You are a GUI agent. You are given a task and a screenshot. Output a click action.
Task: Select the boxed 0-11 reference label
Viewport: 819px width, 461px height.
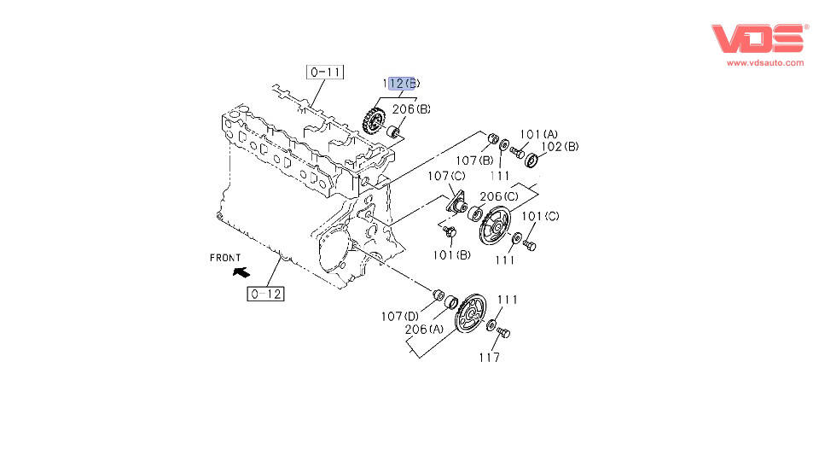(326, 73)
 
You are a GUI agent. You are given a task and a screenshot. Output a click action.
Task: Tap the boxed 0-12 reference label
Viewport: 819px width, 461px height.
(265, 295)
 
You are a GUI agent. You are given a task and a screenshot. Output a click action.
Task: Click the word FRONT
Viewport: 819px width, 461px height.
(225, 257)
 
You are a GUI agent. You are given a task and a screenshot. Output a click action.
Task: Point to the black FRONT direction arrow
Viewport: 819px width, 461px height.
(241, 272)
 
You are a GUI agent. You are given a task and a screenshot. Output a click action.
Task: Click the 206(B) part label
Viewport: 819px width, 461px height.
(412, 109)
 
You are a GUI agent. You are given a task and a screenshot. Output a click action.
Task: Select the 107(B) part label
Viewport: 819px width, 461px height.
(473, 159)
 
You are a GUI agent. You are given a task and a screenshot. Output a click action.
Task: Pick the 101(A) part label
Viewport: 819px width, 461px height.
(538, 134)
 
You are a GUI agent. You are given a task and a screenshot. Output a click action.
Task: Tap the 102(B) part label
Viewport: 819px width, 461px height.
(561, 146)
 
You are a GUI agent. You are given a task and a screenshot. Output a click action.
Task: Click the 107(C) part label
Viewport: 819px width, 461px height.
(446, 176)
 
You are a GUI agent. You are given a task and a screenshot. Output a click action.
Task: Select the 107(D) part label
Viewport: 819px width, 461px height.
(399, 317)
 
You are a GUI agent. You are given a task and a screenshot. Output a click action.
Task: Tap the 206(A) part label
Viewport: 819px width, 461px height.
(424, 330)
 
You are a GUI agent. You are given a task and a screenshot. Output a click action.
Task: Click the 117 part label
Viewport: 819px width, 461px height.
(489, 358)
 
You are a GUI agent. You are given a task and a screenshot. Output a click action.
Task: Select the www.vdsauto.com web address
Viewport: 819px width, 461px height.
(765, 62)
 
